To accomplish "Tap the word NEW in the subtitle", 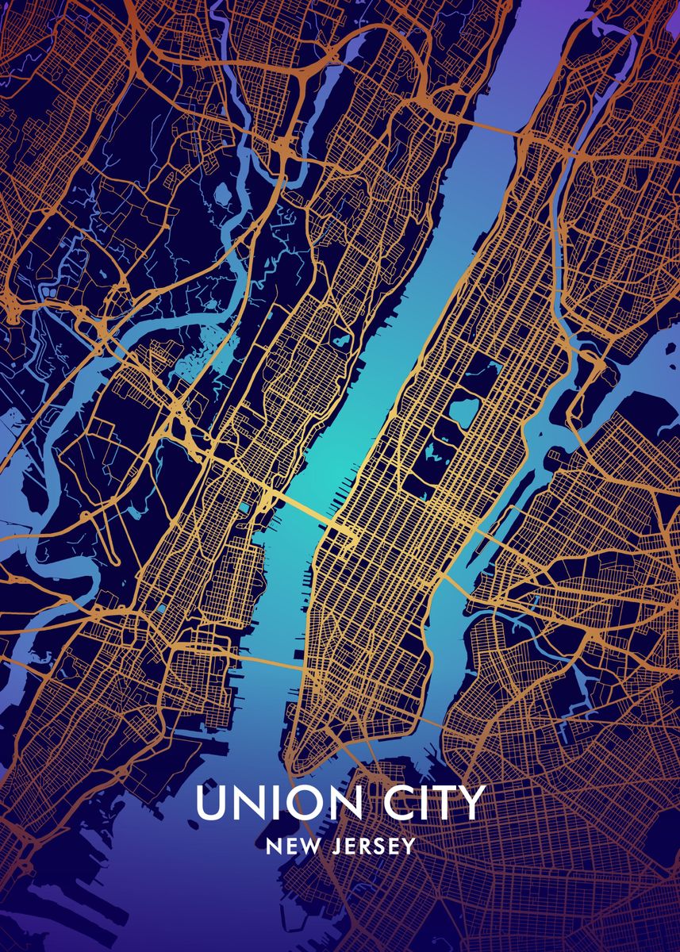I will [x=290, y=846].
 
